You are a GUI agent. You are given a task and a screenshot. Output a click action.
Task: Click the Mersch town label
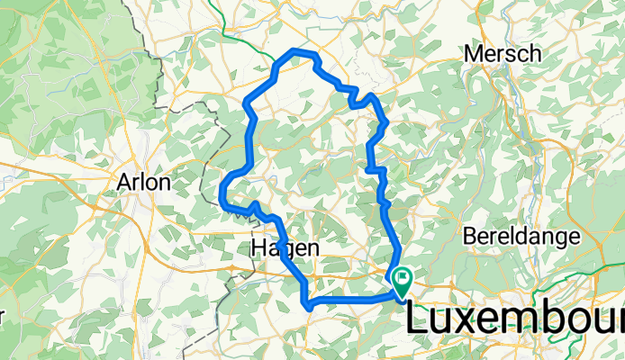click(503, 54)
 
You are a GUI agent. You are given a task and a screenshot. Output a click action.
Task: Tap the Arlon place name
click(143, 183)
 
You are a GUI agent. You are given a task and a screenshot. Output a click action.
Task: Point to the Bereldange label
click(519, 237)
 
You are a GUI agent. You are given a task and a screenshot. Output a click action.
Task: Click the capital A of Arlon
click(124, 183)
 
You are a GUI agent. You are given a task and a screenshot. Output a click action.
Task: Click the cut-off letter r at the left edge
click(3, 319)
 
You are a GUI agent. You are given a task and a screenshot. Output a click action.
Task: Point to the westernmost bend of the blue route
click(222, 193)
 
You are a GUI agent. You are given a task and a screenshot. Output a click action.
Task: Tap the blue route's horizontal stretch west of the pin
click(351, 298)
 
